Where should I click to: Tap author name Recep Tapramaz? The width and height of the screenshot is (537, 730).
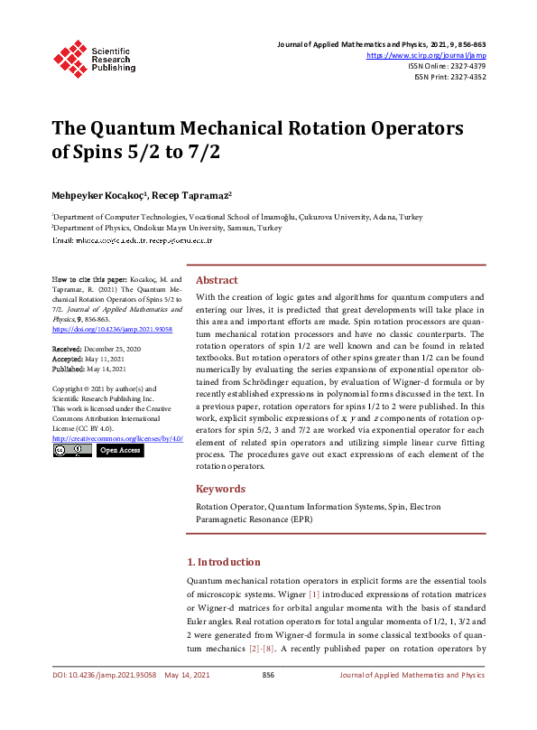pyautogui.click(x=197, y=195)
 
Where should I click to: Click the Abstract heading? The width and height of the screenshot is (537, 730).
pyautogui.click(x=218, y=280)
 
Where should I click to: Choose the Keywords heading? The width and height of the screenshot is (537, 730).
pyautogui.click(x=220, y=489)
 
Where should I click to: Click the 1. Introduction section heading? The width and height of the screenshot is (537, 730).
pyautogui.click(x=223, y=561)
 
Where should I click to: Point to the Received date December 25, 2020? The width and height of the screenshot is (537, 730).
pyautogui.click(x=116, y=348)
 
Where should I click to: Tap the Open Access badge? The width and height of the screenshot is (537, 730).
pyautogui.click(x=119, y=450)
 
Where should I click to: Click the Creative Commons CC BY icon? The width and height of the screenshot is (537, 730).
pyautogui.click(x=71, y=450)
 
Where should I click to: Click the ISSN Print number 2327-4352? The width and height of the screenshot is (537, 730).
pyautogui.click(x=466, y=77)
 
